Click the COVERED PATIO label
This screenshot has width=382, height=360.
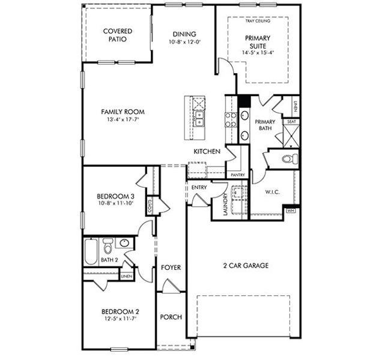[117, 35]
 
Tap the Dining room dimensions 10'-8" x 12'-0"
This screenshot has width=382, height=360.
[184, 43]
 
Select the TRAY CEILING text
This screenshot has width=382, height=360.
[258, 21]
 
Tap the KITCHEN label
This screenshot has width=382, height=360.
[206, 152]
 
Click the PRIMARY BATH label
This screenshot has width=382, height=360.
[265, 125]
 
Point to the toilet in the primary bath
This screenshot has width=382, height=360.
[290, 159]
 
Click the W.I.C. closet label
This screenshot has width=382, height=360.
[273, 192]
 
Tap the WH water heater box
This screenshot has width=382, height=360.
[291, 211]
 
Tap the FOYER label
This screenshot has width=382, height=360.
[171, 267]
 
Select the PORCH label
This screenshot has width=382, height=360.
[171, 317]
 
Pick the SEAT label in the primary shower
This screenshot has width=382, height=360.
[291, 121]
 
